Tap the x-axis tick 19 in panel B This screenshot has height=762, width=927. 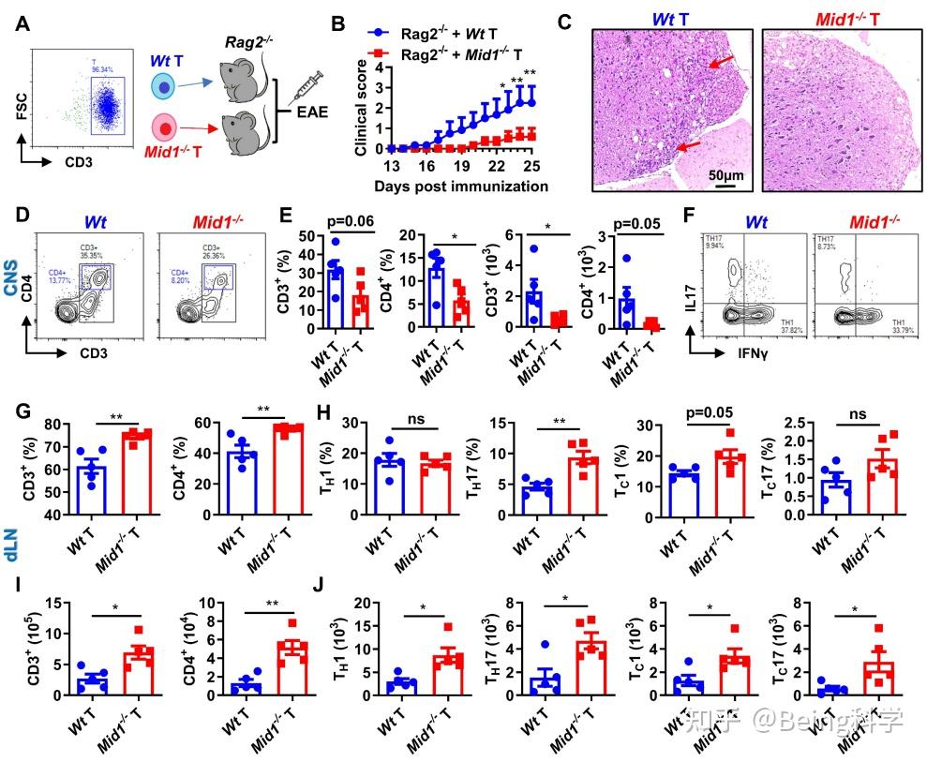click(x=460, y=165)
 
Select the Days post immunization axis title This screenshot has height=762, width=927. click(x=460, y=186)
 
